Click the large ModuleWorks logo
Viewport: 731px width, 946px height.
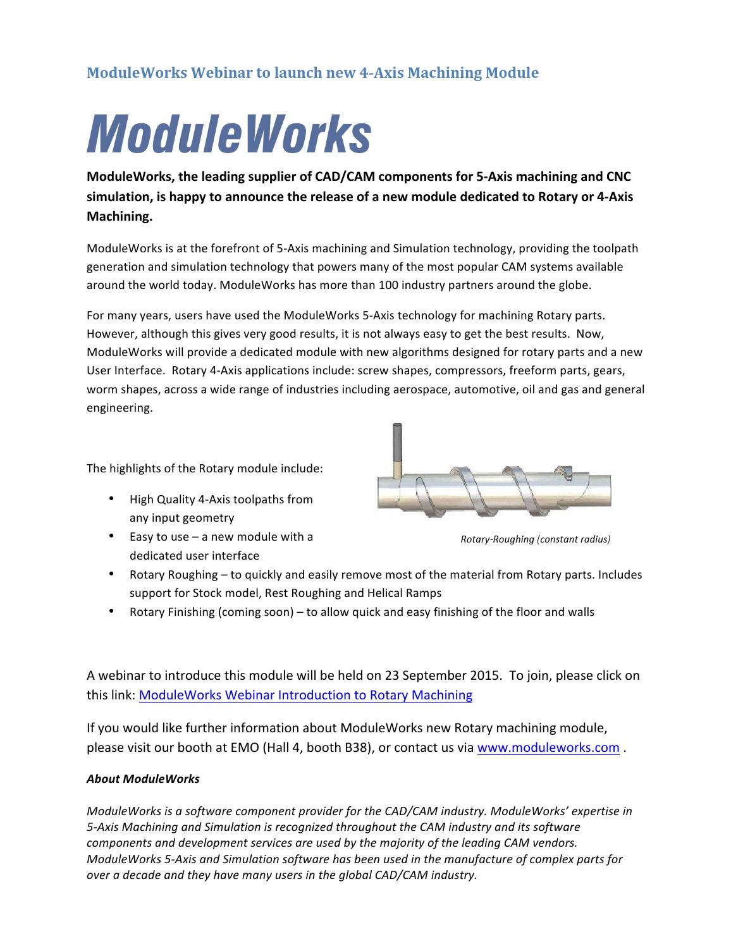(x=228, y=133)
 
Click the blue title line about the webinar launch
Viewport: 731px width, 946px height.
(x=312, y=73)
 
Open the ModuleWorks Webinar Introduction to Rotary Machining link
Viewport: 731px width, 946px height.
(x=305, y=695)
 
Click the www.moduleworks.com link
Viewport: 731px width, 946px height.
(x=548, y=747)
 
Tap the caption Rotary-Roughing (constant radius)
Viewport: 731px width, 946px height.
(x=535, y=539)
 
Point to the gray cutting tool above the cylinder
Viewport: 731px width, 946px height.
(x=397, y=443)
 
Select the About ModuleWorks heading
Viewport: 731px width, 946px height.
(x=143, y=779)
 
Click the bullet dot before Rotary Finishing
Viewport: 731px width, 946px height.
(x=111, y=611)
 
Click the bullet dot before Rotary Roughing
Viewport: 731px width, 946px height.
(x=111, y=574)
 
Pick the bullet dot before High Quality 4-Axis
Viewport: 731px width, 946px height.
(x=111, y=499)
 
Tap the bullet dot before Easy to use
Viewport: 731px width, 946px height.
(x=111, y=536)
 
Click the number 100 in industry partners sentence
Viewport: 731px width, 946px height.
(x=388, y=285)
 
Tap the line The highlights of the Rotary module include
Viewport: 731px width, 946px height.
(x=204, y=469)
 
